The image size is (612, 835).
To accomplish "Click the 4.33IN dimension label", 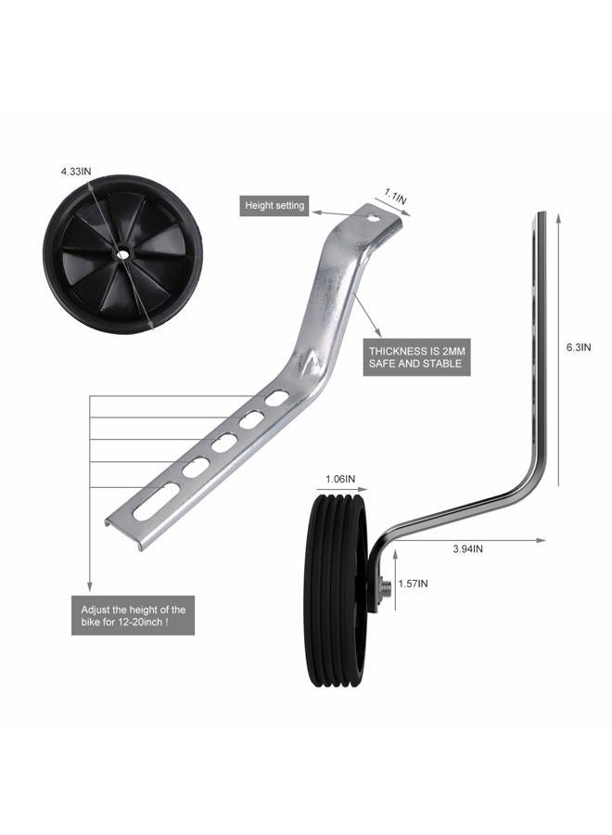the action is [x=75, y=172].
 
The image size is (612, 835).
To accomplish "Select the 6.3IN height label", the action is [x=578, y=347].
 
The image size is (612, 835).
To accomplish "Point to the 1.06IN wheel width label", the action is [x=340, y=478].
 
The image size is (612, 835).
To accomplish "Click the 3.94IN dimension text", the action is [x=467, y=548].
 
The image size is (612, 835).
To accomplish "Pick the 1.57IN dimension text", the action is [x=413, y=584].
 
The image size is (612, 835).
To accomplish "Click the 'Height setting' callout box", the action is [x=274, y=205].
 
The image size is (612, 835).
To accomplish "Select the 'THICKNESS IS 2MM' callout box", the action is [x=416, y=357].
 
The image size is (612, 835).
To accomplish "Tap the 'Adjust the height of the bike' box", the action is [x=133, y=616].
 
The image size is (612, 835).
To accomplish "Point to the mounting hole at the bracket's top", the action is [x=374, y=217].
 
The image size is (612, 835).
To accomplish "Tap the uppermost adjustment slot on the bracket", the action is [x=276, y=398].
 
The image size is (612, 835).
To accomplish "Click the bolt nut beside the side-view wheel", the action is [x=386, y=587].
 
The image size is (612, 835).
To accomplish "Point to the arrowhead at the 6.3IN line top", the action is [x=558, y=217].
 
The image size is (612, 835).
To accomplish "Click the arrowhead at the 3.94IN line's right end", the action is [x=541, y=540].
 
